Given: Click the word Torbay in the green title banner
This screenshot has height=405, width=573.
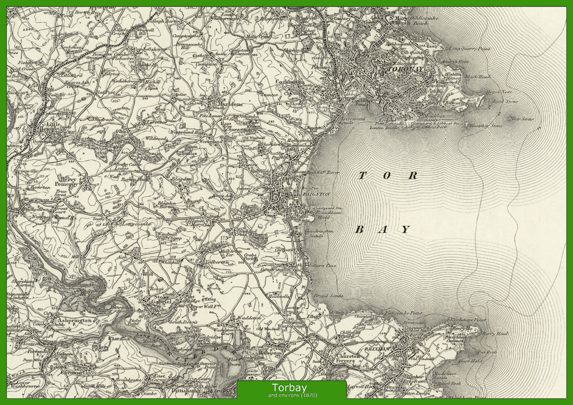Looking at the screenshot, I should pyautogui.click(x=289, y=388).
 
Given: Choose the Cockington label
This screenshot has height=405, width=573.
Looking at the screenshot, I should pyautogui.click(x=289, y=81).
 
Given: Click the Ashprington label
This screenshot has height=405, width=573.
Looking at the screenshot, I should pyautogui.click(x=72, y=320).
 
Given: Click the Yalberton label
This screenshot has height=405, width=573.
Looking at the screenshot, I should pyautogui.click(x=215, y=262).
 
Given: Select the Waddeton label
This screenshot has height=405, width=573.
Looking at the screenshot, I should pyautogui.click(x=248, y=317).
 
